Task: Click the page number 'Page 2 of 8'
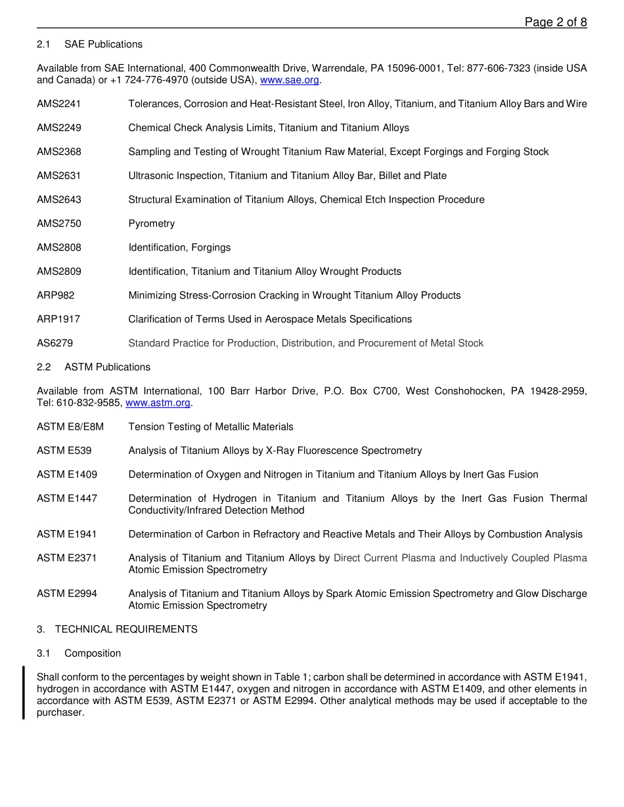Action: [x=555, y=22]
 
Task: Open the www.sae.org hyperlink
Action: [x=290, y=80]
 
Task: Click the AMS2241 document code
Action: [x=59, y=104]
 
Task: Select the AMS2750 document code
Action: [x=59, y=224]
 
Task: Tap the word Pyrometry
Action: [x=152, y=224]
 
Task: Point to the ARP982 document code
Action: [x=56, y=295]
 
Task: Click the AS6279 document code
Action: [x=55, y=343]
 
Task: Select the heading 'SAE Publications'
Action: [x=103, y=45]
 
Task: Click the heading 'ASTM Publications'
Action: [x=107, y=367]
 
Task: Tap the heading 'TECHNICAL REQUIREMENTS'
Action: [x=126, y=629]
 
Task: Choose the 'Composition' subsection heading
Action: [x=93, y=653]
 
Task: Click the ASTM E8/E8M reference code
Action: [x=70, y=427]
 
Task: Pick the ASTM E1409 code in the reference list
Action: [x=67, y=475]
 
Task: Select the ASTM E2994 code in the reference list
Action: [x=67, y=594]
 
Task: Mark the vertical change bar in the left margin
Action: [x=24, y=692]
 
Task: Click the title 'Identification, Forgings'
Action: [x=179, y=248]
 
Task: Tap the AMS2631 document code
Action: [x=59, y=176]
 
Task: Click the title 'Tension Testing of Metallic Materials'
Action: [x=211, y=427]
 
